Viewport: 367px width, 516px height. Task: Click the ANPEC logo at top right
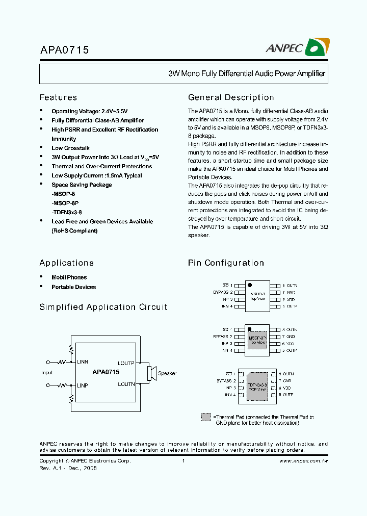click(297, 48)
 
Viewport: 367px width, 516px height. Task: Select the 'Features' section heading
click(58, 97)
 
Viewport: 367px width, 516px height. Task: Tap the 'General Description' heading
click(231, 97)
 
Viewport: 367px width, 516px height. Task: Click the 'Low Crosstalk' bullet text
click(70, 148)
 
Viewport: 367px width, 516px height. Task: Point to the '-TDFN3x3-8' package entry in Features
click(66, 212)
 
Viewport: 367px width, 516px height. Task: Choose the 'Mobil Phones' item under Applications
click(69, 277)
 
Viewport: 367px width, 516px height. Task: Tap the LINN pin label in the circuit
click(83, 362)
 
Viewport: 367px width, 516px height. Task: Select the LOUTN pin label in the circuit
click(126, 384)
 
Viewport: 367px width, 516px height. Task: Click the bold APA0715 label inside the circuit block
click(106, 373)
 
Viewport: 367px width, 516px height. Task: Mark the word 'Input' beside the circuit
click(47, 373)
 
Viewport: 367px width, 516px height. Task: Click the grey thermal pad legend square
click(206, 417)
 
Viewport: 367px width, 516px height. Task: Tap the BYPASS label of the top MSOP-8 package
click(222, 292)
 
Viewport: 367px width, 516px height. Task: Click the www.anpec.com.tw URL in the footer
click(303, 460)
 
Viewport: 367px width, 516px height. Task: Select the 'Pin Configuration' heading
click(226, 263)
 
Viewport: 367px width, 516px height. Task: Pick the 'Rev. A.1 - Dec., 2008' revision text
click(68, 468)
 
